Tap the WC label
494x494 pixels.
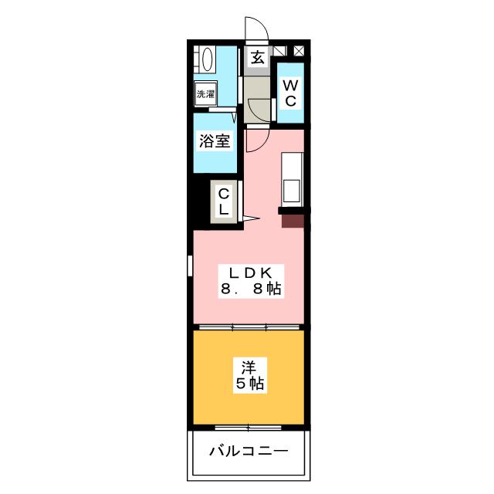[290, 93]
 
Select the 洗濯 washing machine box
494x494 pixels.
[205, 94]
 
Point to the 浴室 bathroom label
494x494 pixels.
[214, 142]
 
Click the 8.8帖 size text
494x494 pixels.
[249, 290]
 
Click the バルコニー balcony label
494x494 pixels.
[249, 451]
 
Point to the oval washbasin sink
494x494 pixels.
[206, 61]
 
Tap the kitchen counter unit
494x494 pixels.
[293, 178]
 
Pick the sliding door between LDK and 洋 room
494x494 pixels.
[249, 327]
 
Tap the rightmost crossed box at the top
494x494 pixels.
[299, 51]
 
